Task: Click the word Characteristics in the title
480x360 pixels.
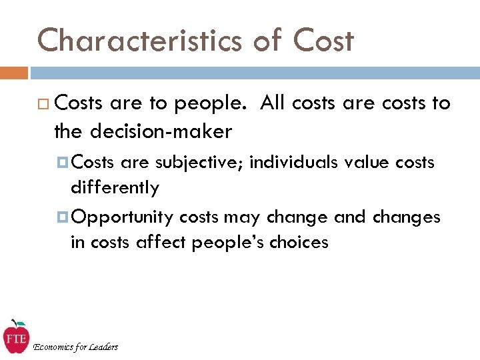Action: pyautogui.click(x=138, y=40)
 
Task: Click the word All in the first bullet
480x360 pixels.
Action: pyautogui.click(x=273, y=103)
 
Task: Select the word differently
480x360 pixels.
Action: pyautogui.click(x=115, y=188)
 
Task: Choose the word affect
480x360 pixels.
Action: pyautogui.click(x=162, y=242)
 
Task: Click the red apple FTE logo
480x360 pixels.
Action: pyautogui.click(x=15, y=337)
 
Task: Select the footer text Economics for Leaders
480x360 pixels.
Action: pyautogui.click(x=75, y=347)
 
